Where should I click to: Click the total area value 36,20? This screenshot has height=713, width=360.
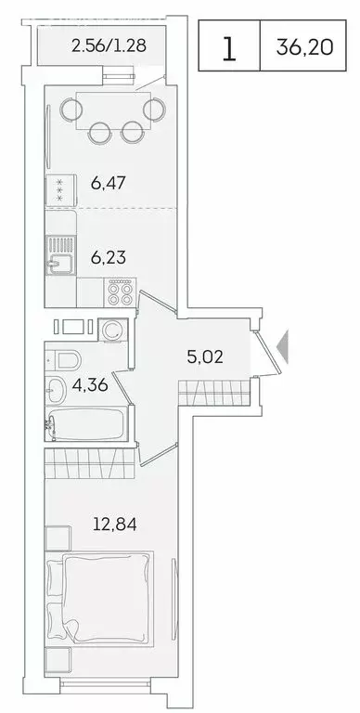(x=304, y=46)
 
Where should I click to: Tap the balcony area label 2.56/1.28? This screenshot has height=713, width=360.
(x=109, y=44)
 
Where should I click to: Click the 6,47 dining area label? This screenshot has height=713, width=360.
(x=109, y=182)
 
